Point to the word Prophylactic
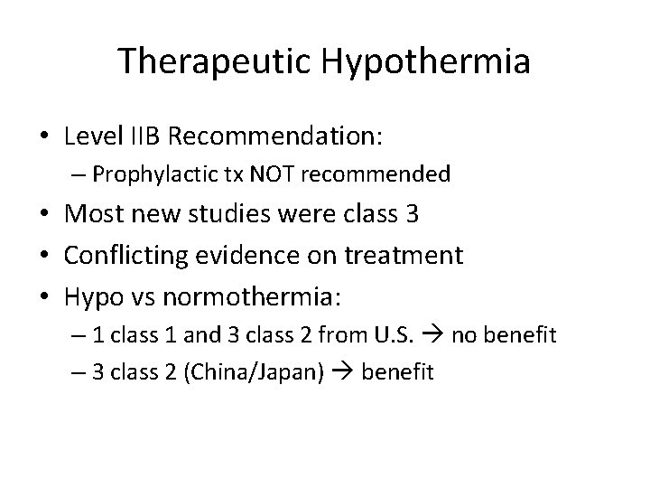pos(166,174)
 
